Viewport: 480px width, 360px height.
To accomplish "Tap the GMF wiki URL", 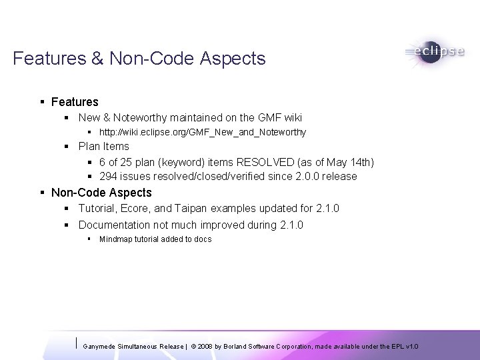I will coord(203,132).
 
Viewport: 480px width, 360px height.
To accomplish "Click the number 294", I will coord(108,177).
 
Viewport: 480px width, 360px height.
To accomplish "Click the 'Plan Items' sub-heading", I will coord(103,146).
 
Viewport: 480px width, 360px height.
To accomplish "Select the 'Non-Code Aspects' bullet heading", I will coord(101,193).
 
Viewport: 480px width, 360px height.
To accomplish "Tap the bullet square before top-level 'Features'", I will coord(42,102).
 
